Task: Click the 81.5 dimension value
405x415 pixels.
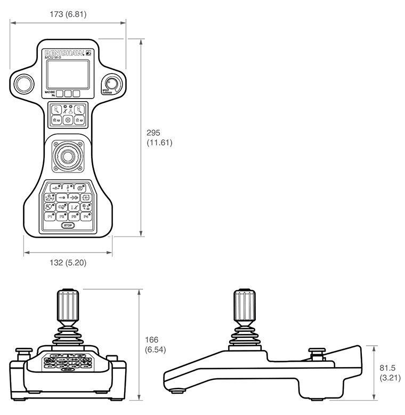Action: click(386, 368)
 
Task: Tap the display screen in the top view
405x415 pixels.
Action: click(68, 74)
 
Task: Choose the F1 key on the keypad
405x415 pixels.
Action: click(51, 217)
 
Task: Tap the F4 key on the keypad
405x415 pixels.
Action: click(86, 217)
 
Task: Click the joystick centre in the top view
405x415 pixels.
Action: click(68, 156)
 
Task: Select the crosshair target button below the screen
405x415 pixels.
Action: click(68, 120)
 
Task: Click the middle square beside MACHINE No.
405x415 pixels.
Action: click(68, 94)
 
